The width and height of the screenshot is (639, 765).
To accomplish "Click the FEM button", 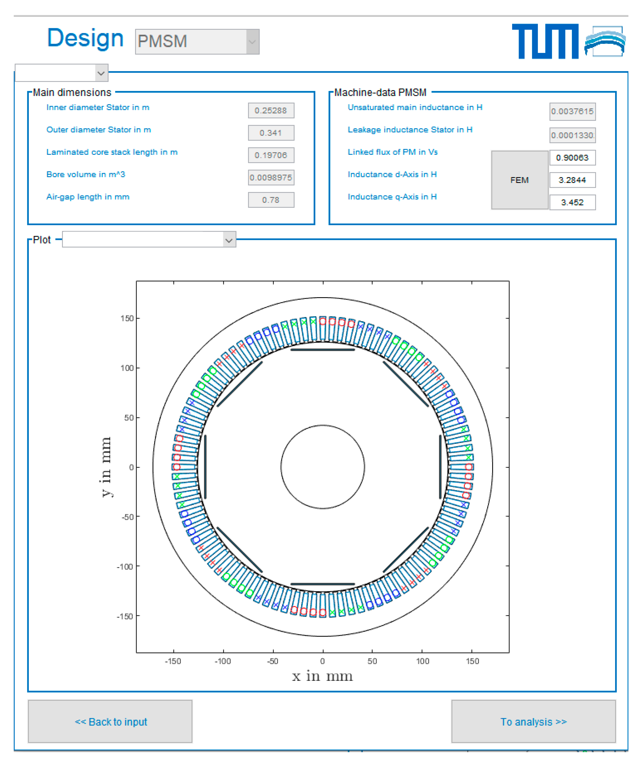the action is (519, 180).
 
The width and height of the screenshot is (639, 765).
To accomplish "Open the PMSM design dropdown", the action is (197, 41).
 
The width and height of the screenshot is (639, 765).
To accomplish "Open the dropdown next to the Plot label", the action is (149, 239).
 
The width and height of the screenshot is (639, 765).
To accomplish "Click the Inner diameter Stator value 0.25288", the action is (271, 110).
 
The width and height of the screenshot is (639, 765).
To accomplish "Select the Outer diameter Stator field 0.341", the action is (271, 133).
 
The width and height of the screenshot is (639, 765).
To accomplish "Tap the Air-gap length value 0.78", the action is (271, 200).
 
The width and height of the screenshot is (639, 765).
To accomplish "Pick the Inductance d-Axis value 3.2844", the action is (572, 180).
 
